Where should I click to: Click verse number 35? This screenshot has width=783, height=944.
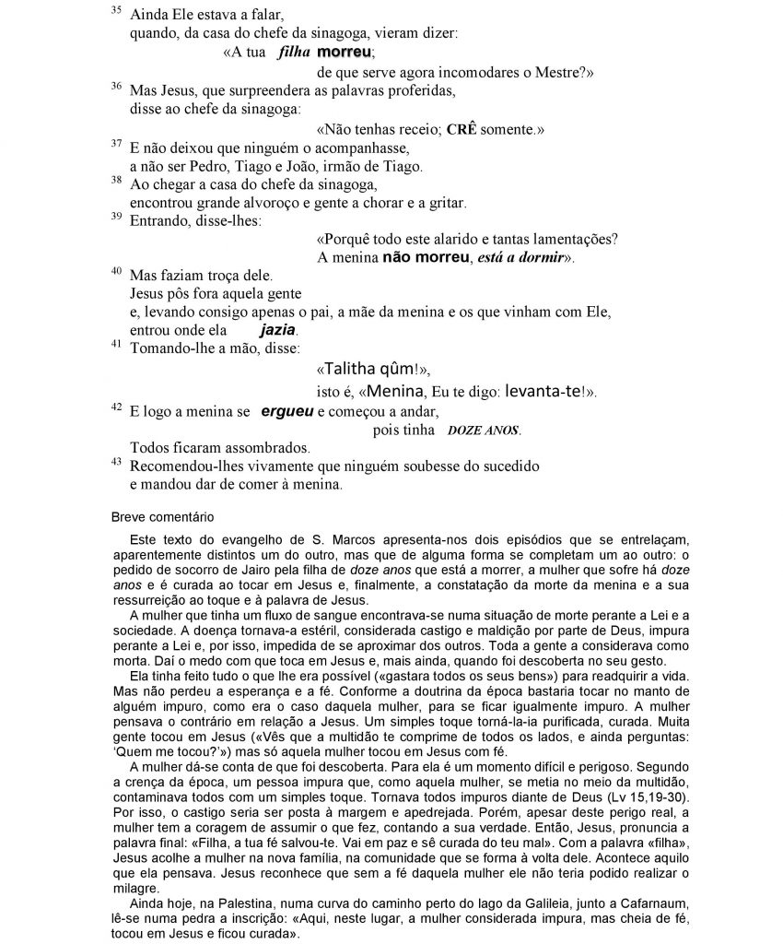click(115, 10)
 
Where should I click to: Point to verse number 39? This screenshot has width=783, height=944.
click(115, 216)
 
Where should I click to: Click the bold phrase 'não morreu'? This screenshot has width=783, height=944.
click(426, 256)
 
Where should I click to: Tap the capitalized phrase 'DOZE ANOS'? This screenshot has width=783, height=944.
click(484, 431)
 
